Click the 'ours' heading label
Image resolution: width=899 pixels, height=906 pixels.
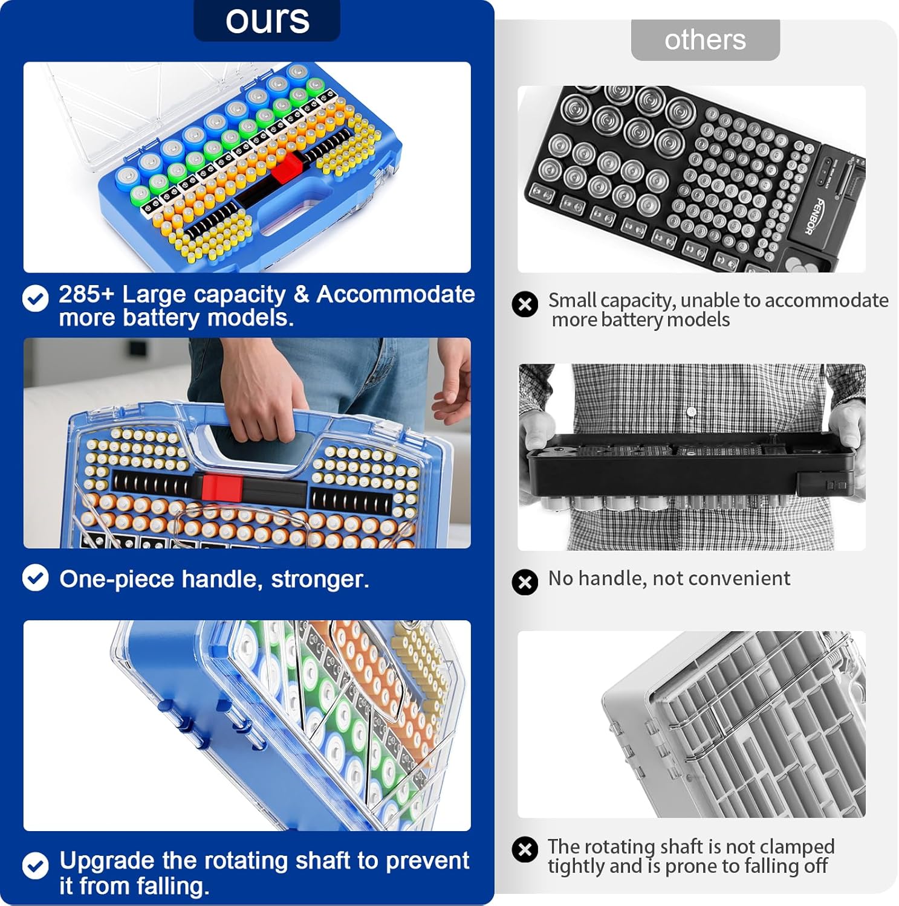267,20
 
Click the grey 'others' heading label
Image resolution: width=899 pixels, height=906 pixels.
705,40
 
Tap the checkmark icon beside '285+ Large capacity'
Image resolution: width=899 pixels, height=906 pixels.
36,298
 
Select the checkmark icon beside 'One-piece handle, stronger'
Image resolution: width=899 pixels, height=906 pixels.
36,578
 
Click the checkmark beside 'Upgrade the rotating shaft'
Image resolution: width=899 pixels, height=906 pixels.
36,866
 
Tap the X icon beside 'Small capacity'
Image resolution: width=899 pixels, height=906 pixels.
525,304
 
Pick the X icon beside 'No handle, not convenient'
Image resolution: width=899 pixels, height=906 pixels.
525,582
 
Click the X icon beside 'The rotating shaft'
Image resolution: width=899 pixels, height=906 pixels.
525,850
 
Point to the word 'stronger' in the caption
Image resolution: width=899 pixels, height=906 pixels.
320,579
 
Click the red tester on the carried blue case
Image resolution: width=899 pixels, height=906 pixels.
222,487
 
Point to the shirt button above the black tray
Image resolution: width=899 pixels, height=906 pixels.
692,412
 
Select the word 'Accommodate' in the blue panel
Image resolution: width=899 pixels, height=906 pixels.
395,294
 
